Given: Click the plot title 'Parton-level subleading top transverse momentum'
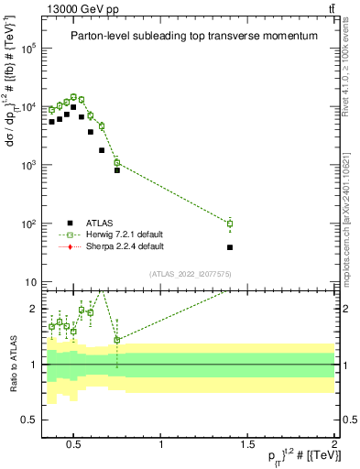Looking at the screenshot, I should pos(188,36).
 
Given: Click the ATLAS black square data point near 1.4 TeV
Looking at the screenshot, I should pos(230,247).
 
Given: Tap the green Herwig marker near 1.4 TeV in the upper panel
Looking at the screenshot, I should pos(230,224).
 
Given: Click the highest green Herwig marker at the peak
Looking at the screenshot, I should pos(74,96).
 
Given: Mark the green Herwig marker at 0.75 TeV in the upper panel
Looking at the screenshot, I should pos(117,162).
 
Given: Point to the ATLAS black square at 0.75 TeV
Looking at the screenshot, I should pos(117,170).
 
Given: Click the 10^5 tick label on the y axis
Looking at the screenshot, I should pos(28,49).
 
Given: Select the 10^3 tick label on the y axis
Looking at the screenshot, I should pos(28,166).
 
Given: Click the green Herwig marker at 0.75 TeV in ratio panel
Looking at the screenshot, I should pos(117,340).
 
